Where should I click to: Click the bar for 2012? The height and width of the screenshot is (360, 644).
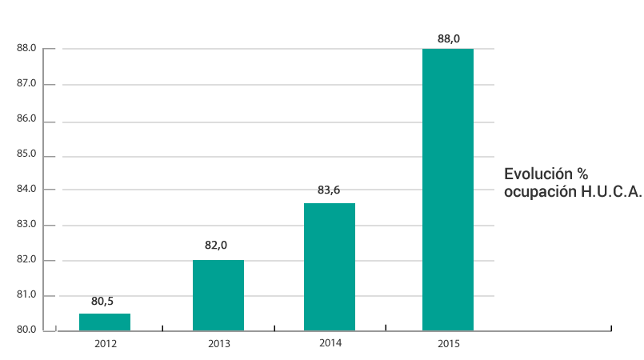pos(105,322)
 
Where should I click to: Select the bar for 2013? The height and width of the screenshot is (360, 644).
pos(218,295)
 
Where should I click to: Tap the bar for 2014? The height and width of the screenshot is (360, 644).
pos(330,266)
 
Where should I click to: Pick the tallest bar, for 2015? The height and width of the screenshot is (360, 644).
pos(448,190)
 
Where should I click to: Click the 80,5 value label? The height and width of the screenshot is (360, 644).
pos(102,302)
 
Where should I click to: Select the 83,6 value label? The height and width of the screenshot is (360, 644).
pos(329,190)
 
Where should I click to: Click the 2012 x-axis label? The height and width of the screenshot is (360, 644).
pos(106,343)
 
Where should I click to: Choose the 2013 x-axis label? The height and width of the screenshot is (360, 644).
pos(218,343)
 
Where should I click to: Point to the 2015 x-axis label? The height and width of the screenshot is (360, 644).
pos(449,343)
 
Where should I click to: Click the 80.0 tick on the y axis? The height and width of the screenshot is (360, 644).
pos(26,330)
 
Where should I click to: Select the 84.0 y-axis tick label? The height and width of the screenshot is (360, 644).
pos(26,189)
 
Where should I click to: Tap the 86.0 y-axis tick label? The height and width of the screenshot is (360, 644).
pos(26,118)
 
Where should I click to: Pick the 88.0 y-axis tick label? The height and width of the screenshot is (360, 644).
pos(26,48)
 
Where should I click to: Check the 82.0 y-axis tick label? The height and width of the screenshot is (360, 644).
pos(26,259)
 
